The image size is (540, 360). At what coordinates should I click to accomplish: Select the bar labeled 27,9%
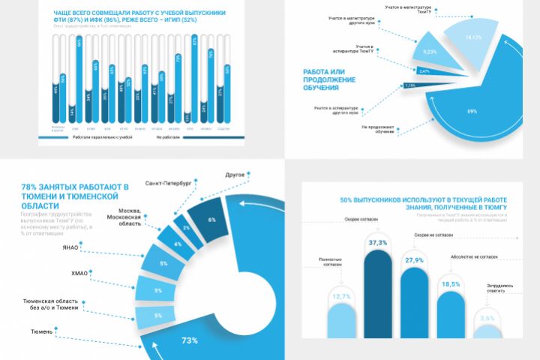coord(414,304)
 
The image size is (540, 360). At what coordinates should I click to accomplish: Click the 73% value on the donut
coord(189,341)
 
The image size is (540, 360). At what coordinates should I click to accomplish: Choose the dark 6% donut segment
coord(211,218)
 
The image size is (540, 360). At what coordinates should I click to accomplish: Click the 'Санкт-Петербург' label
coord(166,182)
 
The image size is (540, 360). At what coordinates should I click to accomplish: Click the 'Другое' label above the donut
coord(235,175)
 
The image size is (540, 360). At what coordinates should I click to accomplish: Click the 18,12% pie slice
coord(471,37)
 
